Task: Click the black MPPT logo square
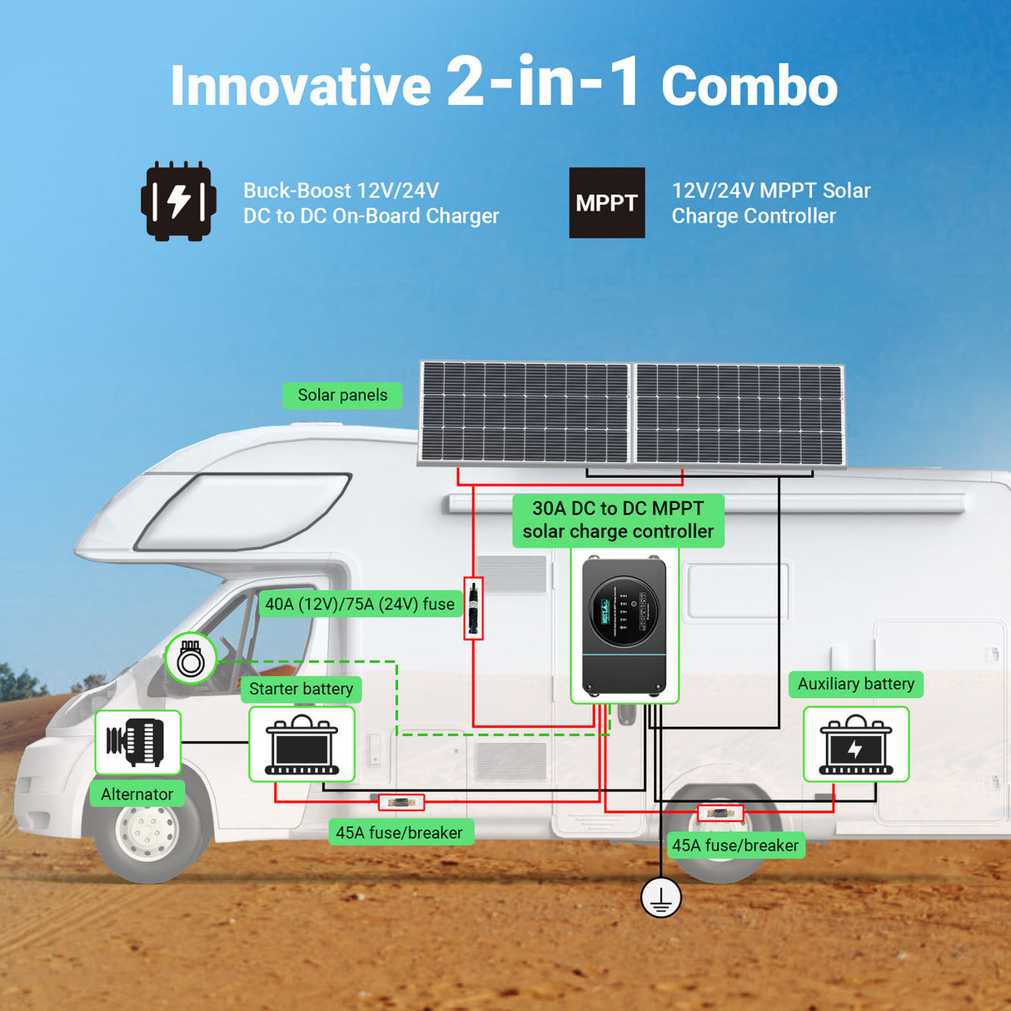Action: click(x=606, y=202)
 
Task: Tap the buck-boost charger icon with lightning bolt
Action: click(x=178, y=202)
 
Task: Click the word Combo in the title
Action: click(x=749, y=87)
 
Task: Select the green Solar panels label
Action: click(x=342, y=395)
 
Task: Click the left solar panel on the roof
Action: click(x=525, y=412)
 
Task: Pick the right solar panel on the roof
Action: click(x=740, y=415)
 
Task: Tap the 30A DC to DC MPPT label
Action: click(x=618, y=520)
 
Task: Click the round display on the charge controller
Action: click(x=624, y=610)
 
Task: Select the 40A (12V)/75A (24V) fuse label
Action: click(x=360, y=604)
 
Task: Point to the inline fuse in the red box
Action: click(x=473, y=608)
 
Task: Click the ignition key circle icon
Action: click(x=191, y=659)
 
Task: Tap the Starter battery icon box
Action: click(x=301, y=744)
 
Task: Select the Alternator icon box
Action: click(x=137, y=742)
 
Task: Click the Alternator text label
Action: click(x=137, y=794)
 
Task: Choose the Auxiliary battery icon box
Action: click(x=855, y=744)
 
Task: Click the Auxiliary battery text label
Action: click(x=855, y=684)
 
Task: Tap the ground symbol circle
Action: click(x=661, y=898)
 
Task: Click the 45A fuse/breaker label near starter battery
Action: click(x=399, y=832)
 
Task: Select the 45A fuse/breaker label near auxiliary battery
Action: click(x=735, y=845)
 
